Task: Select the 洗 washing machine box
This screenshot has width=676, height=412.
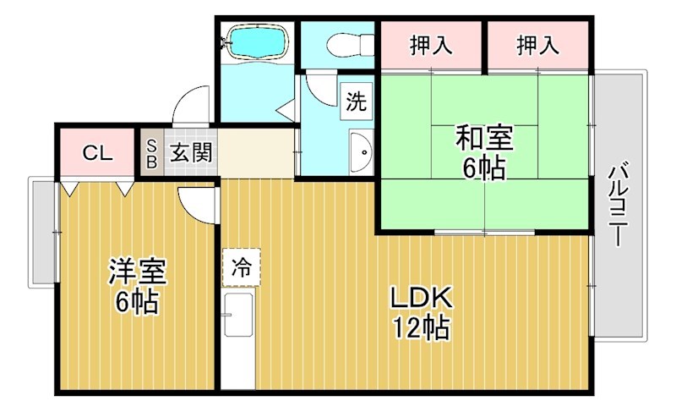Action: [356, 102]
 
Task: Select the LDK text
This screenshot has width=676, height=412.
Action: [420, 298]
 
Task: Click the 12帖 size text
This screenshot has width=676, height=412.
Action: [420, 327]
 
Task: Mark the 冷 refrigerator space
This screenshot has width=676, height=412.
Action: [241, 268]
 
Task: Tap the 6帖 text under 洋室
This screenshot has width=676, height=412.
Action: [138, 302]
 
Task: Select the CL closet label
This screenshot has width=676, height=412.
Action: [97, 153]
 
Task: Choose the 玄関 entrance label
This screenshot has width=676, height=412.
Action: [191, 153]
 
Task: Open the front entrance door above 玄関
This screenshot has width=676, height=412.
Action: [191, 106]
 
